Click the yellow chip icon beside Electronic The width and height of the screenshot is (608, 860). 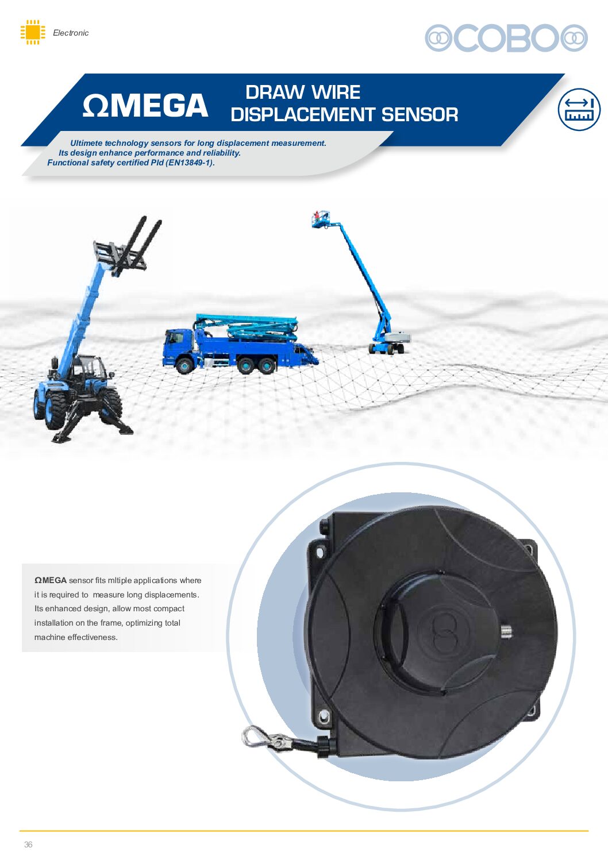pyautogui.click(x=33, y=32)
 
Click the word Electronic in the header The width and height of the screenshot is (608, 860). pyautogui.click(x=71, y=33)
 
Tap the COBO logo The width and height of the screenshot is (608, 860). pyautogui.click(x=506, y=38)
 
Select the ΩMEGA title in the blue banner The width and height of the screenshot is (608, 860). pyautogui.click(x=145, y=105)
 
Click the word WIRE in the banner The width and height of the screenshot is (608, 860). pyautogui.click(x=336, y=92)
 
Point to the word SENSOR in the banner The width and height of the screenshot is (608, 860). pyautogui.click(x=420, y=114)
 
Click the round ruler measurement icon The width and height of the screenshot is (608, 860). pyautogui.click(x=579, y=109)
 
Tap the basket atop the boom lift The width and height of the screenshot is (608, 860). pyautogui.click(x=321, y=219)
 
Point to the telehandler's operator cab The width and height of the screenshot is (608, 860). pyautogui.click(x=90, y=372)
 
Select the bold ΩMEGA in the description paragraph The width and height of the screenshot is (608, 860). pyautogui.click(x=51, y=580)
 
